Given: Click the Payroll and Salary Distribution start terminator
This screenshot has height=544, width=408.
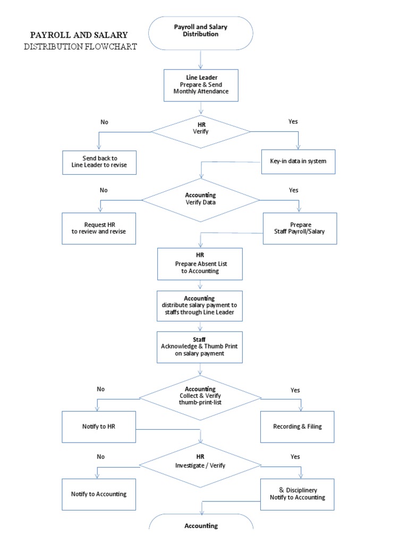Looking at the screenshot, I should pos(200,33).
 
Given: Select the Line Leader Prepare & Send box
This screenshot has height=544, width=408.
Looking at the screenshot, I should pos(200,84).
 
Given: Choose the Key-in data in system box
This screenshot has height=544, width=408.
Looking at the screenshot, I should pos(299,161).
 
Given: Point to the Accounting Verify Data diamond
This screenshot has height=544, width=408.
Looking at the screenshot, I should pos(200,199).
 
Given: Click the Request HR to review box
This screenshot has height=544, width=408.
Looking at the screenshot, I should pos(99,228).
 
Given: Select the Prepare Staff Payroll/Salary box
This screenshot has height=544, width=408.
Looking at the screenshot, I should pos(300,228).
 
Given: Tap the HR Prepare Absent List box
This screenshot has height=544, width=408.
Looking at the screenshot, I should pos(200,263).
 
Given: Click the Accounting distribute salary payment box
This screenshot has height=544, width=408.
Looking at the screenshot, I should pos(200,306).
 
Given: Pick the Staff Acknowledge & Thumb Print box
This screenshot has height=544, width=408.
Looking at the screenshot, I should pos(200,347).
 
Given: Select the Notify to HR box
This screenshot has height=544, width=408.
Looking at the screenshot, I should pos(99,427).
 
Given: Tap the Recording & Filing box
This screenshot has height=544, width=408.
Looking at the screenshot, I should pos(297,427).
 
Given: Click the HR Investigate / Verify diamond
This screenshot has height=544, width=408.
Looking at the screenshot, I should pos(200,462).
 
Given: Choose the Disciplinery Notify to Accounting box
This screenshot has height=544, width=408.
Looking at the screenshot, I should pos(297,494).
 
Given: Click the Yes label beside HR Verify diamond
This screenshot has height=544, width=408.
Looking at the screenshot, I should pos(293,122).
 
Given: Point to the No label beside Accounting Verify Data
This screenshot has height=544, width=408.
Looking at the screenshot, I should pos(104,190).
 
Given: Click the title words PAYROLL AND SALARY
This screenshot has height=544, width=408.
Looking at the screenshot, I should pos(79,35).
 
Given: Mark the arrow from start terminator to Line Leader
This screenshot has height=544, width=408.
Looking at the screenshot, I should pos(200,60).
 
